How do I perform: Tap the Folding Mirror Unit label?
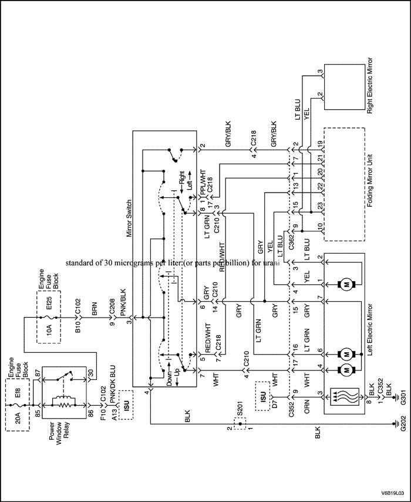pyautogui.click(x=370, y=183)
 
